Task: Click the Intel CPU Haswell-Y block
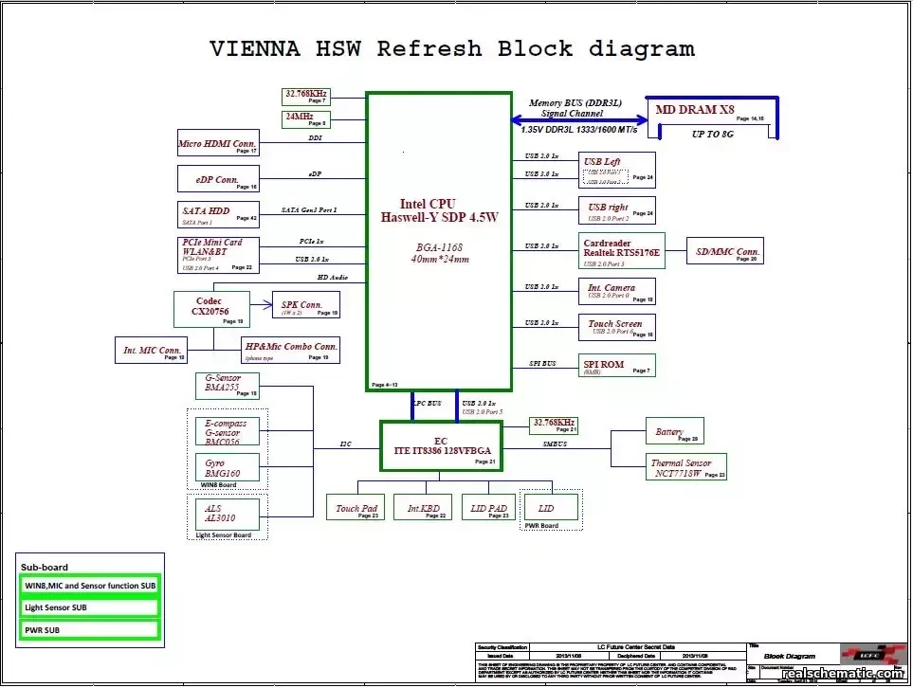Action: (x=439, y=241)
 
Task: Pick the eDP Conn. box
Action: (x=218, y=179)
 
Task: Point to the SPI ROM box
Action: (x=616, y=366)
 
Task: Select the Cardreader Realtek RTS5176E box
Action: (x=621, y=250)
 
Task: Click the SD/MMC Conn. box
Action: (x=724, y=251)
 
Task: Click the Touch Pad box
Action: (x=356, y=508)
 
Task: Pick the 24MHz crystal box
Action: (x=304, y=118)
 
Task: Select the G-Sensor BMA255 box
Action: (x=227, y=384)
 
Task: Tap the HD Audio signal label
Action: (x=332, y=277)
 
